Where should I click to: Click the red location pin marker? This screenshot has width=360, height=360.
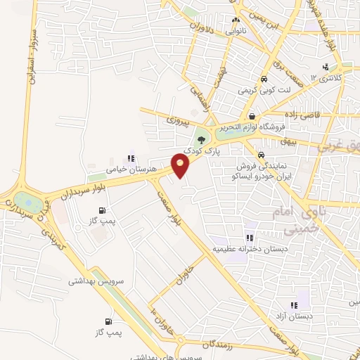pyautogui.click(x=181, y=165)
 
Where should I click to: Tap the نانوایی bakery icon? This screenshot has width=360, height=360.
pyautogui.click(x=237, y=21)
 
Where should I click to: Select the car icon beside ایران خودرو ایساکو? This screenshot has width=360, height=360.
pyautogui.click(x=261, y=155)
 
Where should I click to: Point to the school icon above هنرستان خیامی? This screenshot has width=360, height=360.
pyautogui.click(x=129, y=158)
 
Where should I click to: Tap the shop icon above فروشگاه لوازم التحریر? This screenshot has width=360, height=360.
pyautogui.click(x=251, y=117)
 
